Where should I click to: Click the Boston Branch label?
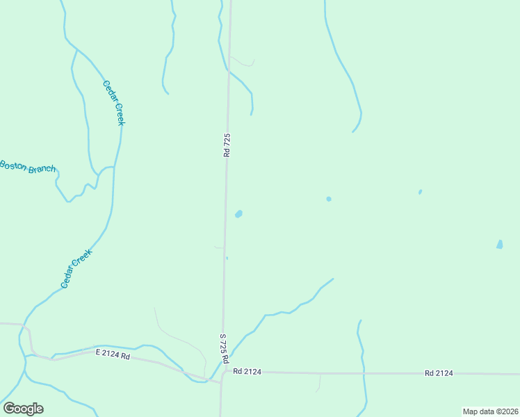pos(28,167)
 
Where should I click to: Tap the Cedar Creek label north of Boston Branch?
pos(113,103)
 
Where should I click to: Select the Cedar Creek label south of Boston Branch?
pos(76,268)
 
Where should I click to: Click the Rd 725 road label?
pos(227,145)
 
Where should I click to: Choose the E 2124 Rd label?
pos(113,355)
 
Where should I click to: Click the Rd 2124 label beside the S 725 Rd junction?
pos(247,372)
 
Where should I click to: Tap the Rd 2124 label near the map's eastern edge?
pos(439,373)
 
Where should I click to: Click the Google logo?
pos(23,409)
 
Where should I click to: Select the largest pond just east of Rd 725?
pos(238,214)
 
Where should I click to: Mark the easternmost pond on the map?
pos(499,244)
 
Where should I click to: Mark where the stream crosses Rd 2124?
pos(363,373)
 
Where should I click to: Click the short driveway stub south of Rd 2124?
pos(319,382)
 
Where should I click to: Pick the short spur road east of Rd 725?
pos(243,61)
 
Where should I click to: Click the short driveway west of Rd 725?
pos(219,247)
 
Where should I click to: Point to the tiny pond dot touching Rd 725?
pos(227,258)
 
